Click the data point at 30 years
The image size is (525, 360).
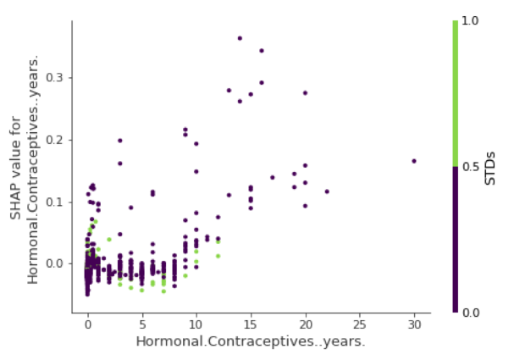[x=414, y=161]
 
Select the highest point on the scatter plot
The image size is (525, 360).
[x=240, y=38]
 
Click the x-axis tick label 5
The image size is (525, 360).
[x=141, y=325]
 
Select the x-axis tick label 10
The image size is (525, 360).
[x=196, y=325]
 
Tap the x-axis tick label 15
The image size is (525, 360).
[x=251, y=325]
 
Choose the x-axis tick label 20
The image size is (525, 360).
[x=305, y=325]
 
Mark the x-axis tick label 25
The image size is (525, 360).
[x=360, y=325]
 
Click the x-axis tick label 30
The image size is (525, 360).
[x=414, y=325]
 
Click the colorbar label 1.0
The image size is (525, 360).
[x=471, y=21]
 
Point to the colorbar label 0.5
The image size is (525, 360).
[x=471, y=167]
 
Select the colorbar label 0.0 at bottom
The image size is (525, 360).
[x=471, y=313]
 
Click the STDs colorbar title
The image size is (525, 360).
[x=491, y=167]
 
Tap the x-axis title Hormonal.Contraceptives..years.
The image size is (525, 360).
[x=251, y=341]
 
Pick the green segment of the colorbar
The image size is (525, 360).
[x=456, y=93]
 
